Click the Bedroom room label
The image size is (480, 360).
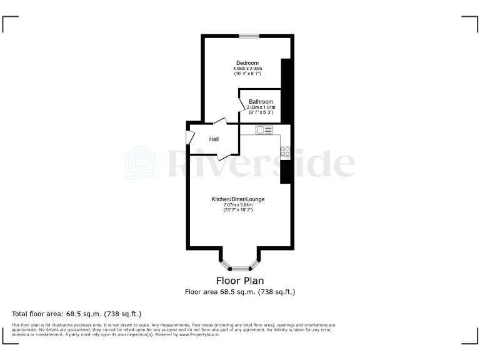point(247,62)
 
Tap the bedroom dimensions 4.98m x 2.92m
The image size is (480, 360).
point(247,68)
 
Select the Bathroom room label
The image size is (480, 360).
point(261,102)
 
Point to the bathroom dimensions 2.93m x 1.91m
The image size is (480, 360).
point(260,107)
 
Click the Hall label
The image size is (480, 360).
point(214,139)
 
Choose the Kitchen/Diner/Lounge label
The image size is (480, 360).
point(237,199)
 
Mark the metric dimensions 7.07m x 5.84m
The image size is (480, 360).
point(237,205)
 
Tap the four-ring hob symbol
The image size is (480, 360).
point(286,151)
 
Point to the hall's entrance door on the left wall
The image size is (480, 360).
point(189,138)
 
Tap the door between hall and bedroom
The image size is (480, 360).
point(220,123)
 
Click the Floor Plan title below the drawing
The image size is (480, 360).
point(239,281)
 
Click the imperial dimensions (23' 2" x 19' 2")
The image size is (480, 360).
point(237,211)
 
